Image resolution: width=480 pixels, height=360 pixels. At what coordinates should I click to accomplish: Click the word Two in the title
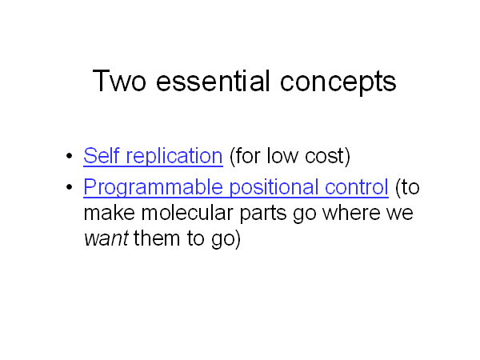(119, 81)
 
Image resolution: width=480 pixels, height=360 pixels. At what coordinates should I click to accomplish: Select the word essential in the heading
(213, 81)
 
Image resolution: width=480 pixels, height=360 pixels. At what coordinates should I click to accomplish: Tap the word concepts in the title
(338, 82)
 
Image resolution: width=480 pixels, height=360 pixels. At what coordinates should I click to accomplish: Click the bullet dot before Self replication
(69, 155)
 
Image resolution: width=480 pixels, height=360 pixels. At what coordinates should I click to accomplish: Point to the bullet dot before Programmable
(69, 186)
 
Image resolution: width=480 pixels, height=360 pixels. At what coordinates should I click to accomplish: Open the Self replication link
(153, 156)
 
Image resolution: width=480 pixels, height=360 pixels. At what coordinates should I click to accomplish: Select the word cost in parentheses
(327, 156)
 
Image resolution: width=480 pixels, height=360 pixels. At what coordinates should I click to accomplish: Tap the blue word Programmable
(153, 187)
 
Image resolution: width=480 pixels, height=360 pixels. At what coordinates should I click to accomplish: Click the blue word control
(357, 186)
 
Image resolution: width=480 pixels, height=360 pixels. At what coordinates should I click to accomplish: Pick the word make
(110, 213)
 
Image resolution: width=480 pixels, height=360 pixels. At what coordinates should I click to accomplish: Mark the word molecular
(187, 213)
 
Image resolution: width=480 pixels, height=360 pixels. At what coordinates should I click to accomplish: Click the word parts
(263, 214)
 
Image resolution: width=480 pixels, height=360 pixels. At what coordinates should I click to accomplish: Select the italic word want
(106, 239)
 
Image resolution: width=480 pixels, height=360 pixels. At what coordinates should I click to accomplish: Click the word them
(157, 238)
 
